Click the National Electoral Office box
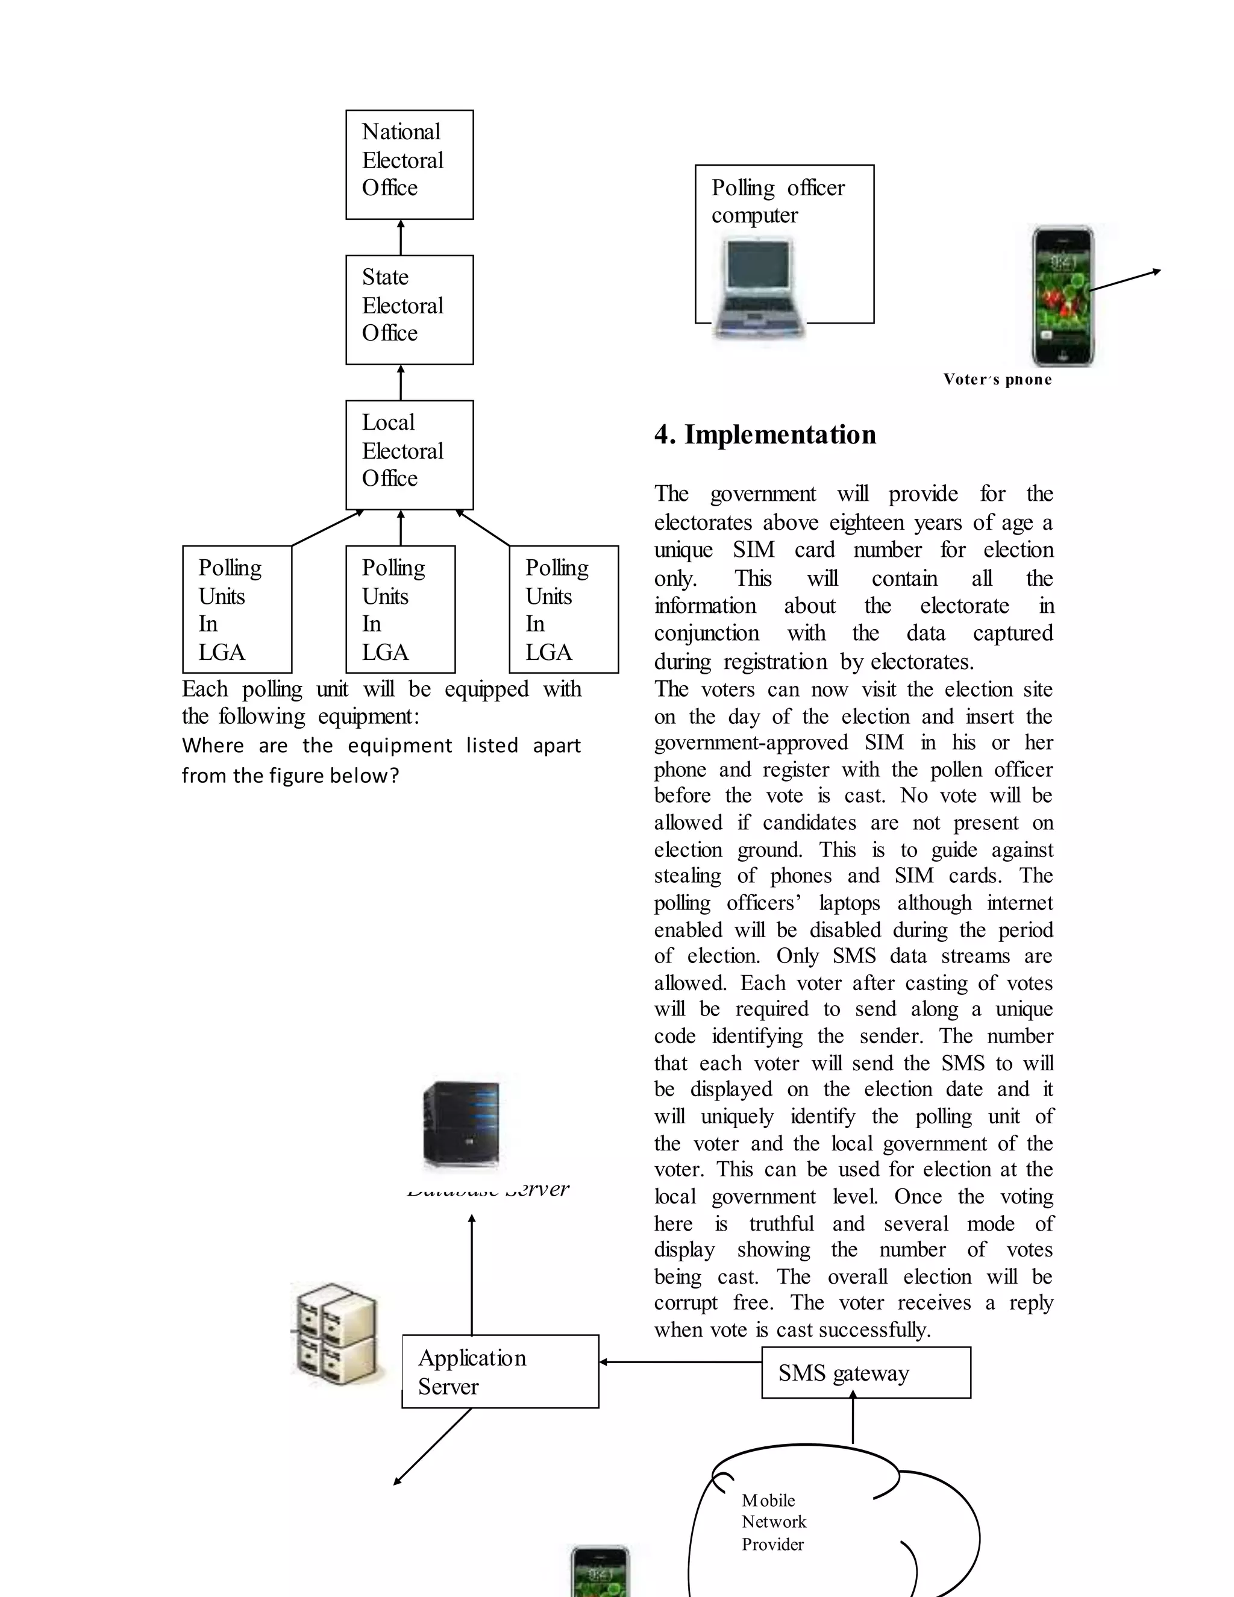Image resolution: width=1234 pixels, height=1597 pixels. pyautogui.click(x=409, y=165)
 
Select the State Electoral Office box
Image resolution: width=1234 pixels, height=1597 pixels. pyautogui.click(x=409, y=309)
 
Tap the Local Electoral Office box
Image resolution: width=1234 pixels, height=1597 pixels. pyautogui.click(x=409, y=455)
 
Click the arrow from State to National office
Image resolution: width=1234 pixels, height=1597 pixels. pyautogui.click(x=401, y=237)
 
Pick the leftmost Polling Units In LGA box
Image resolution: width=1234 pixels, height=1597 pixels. pyautogui.click(x=237, y=609)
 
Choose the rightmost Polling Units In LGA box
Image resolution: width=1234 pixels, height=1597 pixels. pyautogui.click(x=563, y=609)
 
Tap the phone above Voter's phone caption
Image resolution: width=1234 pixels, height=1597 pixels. pyautogui.click(x=1062, y=295)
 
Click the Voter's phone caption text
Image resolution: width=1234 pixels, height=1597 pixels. pyautogui.click(x=997, y=380)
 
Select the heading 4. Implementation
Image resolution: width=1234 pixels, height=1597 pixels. pyautogui.click(x=765, y=435)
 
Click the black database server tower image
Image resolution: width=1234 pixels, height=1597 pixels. pyautogui.click(x=462, y=1124)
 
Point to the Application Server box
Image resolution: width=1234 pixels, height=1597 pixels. pyautogui.click(x=500, y=1371)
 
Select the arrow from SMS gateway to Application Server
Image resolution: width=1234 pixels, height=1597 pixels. pyautogui.click(x=680, y=1361)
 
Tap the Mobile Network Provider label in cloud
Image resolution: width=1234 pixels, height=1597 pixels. pyautogui.click(x=774, y=1522)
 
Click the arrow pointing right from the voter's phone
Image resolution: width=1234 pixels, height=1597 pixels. pyautogui.click(x=1126, y=280)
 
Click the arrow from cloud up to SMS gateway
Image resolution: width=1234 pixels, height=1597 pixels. pyautogui.click(x=853, y=1419)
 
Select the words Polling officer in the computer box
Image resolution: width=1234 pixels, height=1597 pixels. pyautogui.click(x=778, y=188)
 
